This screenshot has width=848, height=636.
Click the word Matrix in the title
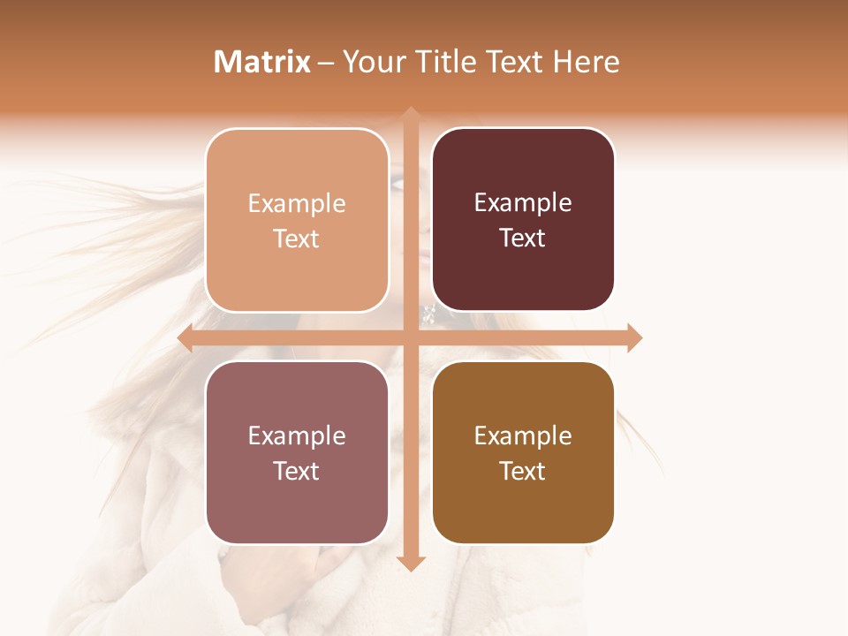[x=262, y=62]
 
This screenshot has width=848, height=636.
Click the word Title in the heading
[x=446, y=62]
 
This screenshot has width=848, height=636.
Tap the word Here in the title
[x=586, y=62]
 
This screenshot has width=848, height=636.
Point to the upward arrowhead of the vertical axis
[x=411, y=115]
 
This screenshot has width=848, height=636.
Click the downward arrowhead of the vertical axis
[x=411, y=563]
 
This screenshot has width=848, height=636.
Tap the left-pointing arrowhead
[x=185, y=337]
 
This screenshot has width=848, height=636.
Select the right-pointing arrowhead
[x=634, y=337]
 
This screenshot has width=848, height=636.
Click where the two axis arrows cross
[x=411, y=337]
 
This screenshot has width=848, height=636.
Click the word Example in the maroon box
[x=523, y=202]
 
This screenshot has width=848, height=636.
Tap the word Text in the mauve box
[x=297, y=471]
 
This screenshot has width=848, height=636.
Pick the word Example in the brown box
[x=523, y=435]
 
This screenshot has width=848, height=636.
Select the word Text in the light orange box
[x=297, y=238]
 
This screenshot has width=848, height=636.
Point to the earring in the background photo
[x=428, y=314]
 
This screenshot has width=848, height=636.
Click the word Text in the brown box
[x=523, y=471]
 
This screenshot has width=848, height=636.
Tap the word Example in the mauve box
[x=297, y=435]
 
